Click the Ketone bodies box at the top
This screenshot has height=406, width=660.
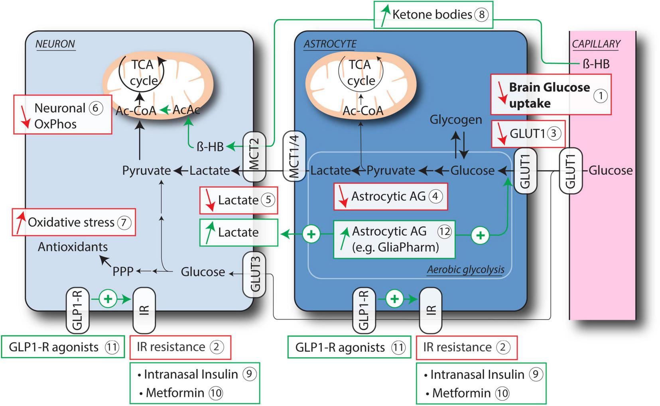(x=433, y=15)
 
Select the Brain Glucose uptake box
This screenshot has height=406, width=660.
(x=550, y=95)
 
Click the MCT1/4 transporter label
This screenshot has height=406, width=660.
(x=294, y=156)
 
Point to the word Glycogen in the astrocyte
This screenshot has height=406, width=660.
(x=455, y=120)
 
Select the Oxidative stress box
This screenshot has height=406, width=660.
(x=73, y=222)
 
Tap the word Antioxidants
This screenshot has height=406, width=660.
(x=73, y=247)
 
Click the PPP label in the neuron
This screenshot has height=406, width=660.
(x=123, y=271)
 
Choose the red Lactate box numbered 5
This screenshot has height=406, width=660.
(x=238, y=200)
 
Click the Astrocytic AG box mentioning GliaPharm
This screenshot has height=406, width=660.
(x=394, y=239)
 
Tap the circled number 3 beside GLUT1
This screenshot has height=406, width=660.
(x=553, y=133)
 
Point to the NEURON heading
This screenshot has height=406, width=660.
(x=55, y=44)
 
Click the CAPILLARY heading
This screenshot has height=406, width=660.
(x=596, y=44)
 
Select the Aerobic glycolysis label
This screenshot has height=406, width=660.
(x=465, y=270)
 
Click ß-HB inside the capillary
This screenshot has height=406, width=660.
(x=596, y=64)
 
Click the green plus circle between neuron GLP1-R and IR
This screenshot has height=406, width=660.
(x=108, y=298)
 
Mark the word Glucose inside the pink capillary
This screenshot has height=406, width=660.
(x=610, y=171)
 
